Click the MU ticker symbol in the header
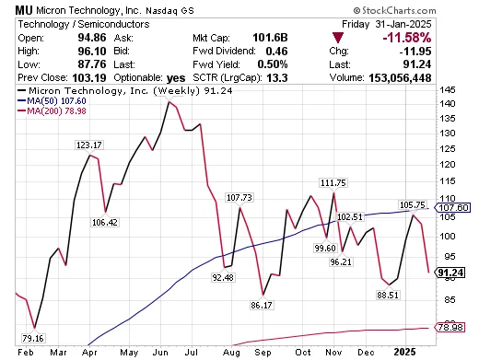13,8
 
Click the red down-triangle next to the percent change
339,37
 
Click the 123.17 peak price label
90,145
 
